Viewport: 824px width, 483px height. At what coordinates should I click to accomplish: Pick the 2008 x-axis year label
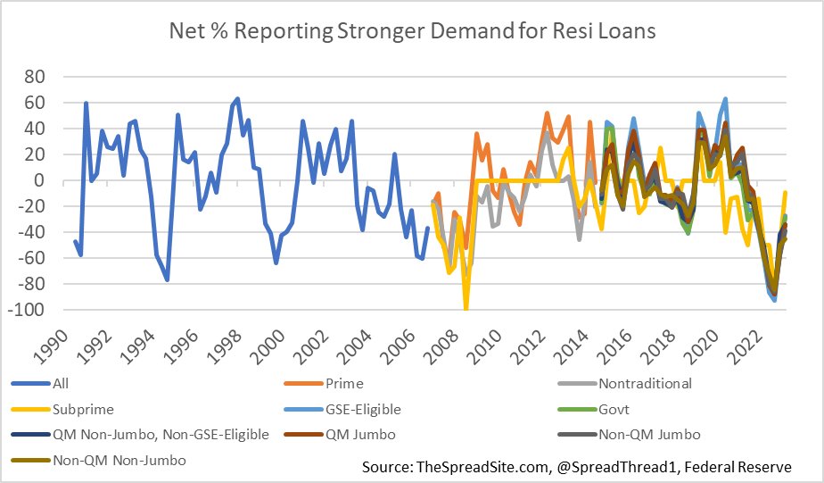pos(426,344)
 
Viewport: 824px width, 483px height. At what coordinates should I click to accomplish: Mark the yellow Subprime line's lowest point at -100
pos(466,309)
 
